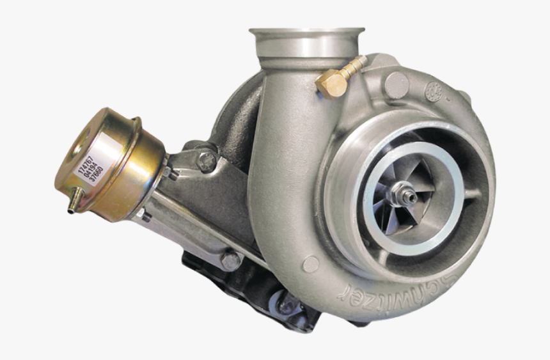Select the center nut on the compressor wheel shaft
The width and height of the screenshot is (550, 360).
404,192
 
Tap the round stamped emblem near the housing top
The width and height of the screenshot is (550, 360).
435,91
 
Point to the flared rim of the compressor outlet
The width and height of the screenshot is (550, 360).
307,33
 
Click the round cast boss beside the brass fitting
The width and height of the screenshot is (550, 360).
397,85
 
